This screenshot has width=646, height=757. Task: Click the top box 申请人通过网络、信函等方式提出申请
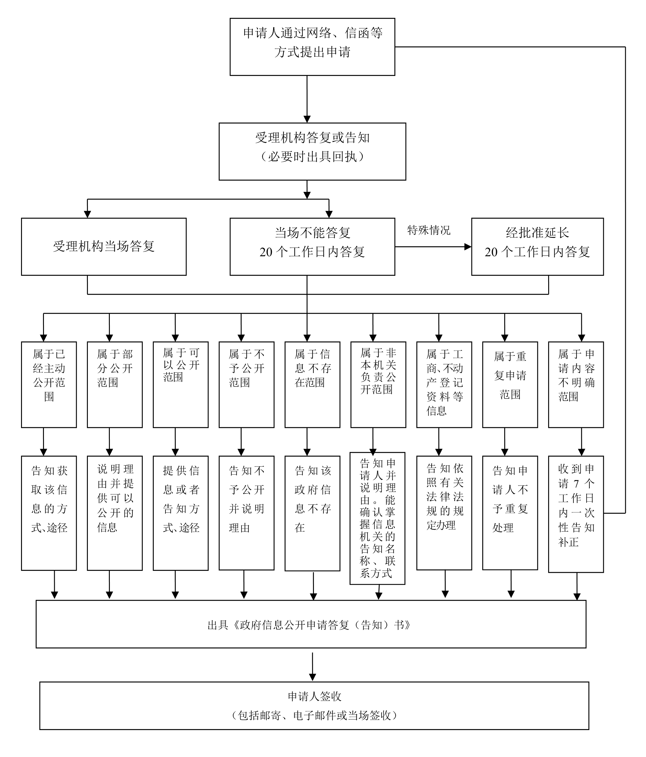(312, 47)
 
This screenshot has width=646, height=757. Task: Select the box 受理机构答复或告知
(312, 151)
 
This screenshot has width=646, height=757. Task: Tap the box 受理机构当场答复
(103, 247)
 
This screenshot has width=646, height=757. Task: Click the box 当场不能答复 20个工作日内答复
(312, 247)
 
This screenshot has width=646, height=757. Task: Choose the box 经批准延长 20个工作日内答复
(537, 247)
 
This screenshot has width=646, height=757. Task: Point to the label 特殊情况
(429, 230)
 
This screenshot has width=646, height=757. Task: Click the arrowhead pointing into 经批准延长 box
(468, 247)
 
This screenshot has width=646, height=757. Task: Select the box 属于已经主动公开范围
(49, 384)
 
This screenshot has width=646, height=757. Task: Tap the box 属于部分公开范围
(114, 384)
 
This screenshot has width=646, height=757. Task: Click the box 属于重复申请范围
(510, 384)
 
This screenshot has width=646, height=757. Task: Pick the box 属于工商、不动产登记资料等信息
(444, 384)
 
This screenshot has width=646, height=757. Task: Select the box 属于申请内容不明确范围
(575, 384)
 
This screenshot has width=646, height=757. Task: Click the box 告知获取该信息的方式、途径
(49, 512)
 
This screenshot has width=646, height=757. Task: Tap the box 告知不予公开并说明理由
(246, 512)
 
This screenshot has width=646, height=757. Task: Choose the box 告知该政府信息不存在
(312, 512)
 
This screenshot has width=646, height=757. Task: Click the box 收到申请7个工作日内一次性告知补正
(575, 513)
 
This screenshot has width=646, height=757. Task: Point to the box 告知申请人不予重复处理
(510, 512)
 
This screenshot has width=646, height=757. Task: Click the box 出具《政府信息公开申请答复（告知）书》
(311, 625)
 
